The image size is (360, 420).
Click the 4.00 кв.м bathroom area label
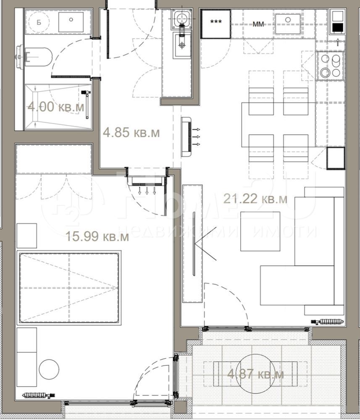(x=56, y=108)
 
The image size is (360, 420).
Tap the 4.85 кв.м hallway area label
(x=131, y=133)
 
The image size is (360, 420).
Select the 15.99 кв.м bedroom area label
(x=97, y=237)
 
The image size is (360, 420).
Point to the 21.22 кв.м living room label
(x=255, y=199)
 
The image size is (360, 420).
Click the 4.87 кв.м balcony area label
(x=255, y=374)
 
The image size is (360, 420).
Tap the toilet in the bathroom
(x=34, y=57)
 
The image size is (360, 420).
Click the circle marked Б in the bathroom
(x=39, y=22)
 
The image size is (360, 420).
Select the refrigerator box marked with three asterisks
(x=216, y=24)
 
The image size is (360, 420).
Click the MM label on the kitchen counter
(x=258, y=24)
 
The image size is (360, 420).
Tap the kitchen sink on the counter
(x=288, y=24)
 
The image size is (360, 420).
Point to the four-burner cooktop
(x=331, y=66)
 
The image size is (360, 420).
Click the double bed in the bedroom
(x=69, y=288)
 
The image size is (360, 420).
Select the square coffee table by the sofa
(x=260, y=231)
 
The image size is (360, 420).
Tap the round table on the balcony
(x=255, y=374)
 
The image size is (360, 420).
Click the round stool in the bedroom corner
(x=49, y=369)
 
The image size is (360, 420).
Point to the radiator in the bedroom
(x=39, y=395)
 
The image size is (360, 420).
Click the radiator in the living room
(x=327, y=321)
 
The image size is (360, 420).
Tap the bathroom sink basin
(x=71, y=22)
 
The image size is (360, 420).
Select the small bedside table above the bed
(x=27, y=236)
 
